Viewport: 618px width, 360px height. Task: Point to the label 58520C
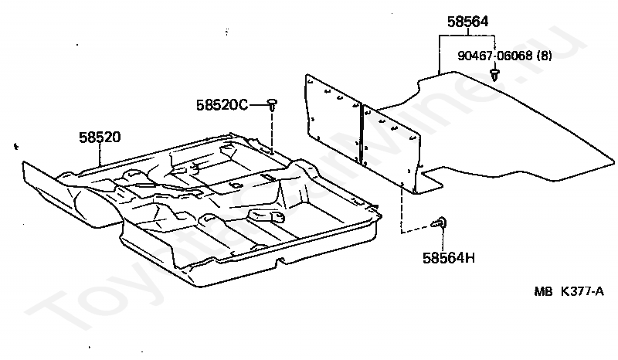pos(222,104)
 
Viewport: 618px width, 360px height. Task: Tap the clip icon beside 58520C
pos(273,104)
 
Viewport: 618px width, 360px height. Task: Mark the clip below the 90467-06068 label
pos(494,74)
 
